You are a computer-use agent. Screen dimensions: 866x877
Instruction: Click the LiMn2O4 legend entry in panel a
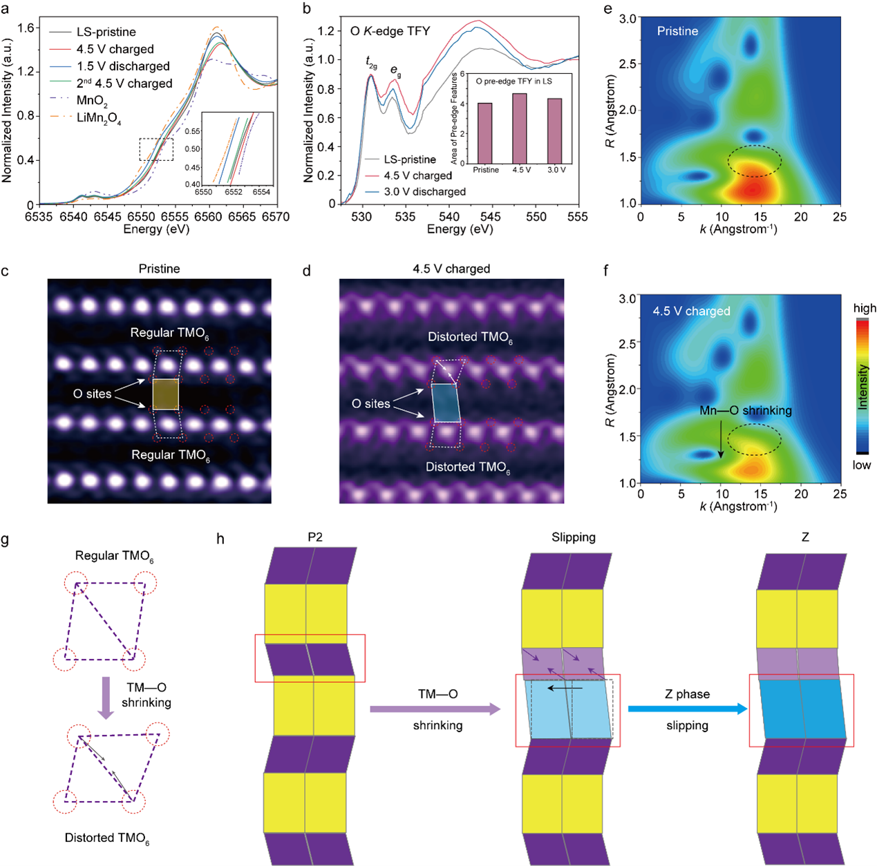pos(98,118)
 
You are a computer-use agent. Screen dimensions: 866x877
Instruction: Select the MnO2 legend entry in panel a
pos(91,101)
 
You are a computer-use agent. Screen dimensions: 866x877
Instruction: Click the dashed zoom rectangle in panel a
pos(156,149)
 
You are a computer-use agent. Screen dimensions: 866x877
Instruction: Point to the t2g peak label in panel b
pos(372,61)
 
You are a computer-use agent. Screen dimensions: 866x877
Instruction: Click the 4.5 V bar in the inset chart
pos(520,128)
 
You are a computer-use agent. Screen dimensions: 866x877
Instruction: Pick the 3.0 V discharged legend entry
pos(424,191)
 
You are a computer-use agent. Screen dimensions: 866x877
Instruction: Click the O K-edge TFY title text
pos(390,31)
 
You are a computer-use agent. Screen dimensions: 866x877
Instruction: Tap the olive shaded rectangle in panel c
pos(166,394)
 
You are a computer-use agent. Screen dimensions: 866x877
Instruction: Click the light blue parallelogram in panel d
pos(446,403)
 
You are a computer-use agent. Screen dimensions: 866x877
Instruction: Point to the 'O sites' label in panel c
pos(92,394)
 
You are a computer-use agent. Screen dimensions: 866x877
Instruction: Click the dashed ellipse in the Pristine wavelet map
pos(755,161)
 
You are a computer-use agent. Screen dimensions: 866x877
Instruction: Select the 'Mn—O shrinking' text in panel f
pos(745,410)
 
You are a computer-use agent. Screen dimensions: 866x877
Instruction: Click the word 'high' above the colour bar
pos(865,308)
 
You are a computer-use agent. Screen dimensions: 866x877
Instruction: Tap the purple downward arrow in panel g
pos(106,697)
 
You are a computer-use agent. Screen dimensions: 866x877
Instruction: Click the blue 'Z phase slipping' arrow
pos(688,709)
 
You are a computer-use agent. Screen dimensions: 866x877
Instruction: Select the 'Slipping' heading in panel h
pos(573,537)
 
